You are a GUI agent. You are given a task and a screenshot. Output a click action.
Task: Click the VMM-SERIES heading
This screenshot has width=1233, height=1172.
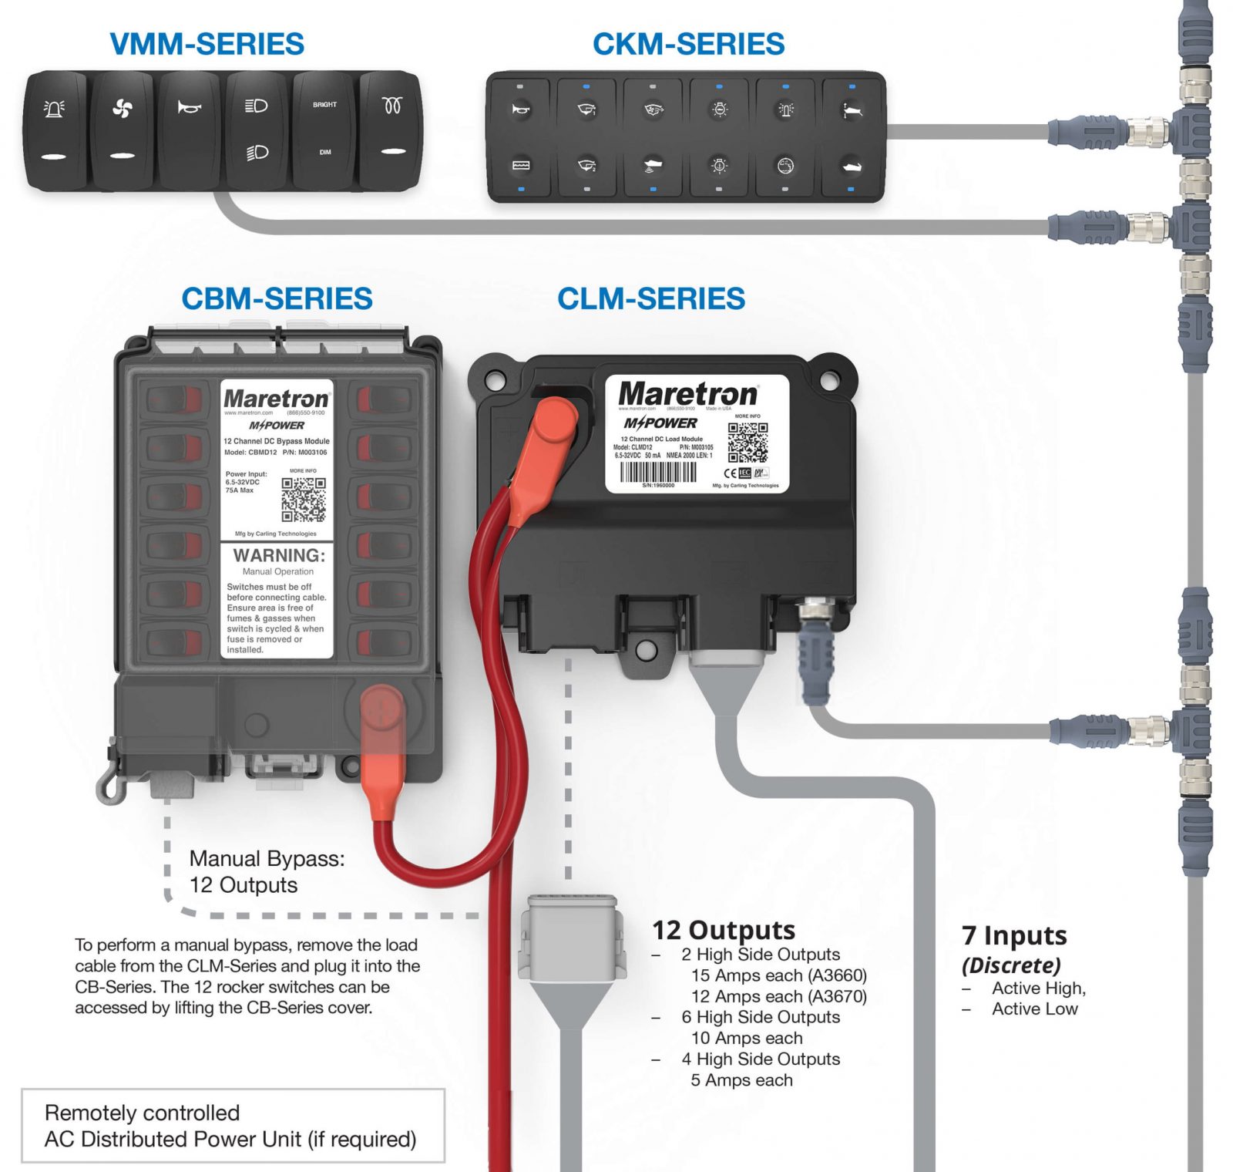click(207, 44)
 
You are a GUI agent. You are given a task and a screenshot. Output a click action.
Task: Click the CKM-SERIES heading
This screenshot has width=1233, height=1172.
click(688, 44)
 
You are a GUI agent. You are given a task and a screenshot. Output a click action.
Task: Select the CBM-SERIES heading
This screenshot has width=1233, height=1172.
click(277, 298)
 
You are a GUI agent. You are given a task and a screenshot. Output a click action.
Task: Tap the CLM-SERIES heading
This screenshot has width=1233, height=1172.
click(651, 298)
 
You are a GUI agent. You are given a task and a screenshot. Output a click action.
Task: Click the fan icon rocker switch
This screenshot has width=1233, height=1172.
click(122, 130)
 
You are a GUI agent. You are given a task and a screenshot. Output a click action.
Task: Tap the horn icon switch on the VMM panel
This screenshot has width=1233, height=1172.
click(189, 130)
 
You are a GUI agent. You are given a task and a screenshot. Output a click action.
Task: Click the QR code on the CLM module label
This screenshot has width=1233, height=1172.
click(748, 442)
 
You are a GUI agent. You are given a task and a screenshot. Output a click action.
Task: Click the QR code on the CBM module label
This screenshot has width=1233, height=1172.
click(303, 500)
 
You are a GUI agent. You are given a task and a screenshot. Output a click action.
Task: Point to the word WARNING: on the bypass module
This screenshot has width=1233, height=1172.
click(279, 555)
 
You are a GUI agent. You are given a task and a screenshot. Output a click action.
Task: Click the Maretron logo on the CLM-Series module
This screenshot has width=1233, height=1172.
click(687, 394)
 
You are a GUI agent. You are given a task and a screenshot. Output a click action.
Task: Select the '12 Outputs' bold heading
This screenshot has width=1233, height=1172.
click(723, 930)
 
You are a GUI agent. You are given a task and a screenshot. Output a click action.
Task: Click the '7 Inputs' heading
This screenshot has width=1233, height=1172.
click(1013, 935)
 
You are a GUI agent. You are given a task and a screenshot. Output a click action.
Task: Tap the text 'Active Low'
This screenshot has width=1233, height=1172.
click(1034, 1009)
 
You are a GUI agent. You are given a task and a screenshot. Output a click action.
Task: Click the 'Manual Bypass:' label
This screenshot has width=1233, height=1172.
click(267, 858)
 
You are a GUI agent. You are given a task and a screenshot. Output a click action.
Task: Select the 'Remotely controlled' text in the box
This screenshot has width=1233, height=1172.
click(142, 1113)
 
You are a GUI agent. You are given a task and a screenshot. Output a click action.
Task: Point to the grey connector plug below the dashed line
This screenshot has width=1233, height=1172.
click(571, 937)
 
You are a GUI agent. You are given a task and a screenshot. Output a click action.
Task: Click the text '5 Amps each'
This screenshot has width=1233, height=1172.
click(741, 1080)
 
